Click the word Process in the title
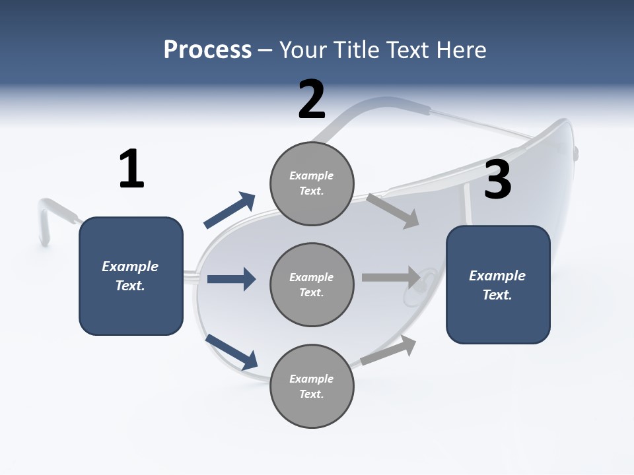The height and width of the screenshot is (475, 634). (207, 50)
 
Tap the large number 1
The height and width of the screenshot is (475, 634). (131, 169)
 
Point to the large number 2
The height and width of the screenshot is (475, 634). (312, 100)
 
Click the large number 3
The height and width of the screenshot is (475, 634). (497, 179)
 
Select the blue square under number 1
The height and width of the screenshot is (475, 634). (131, 276)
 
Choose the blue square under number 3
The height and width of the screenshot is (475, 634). (498, 284)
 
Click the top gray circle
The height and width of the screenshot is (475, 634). (312, 183)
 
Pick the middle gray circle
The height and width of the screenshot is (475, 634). (312, 284)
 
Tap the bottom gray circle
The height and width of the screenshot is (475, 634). (312, 386)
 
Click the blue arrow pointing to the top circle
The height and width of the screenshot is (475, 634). (230, 210)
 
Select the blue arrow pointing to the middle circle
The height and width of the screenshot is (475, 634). (231, 279)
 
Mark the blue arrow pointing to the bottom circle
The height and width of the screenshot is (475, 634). (231, 352)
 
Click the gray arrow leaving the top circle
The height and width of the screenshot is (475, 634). (393, 210)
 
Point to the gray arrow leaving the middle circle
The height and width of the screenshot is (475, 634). (391, 277)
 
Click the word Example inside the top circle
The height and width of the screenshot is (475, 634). (312, 175)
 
